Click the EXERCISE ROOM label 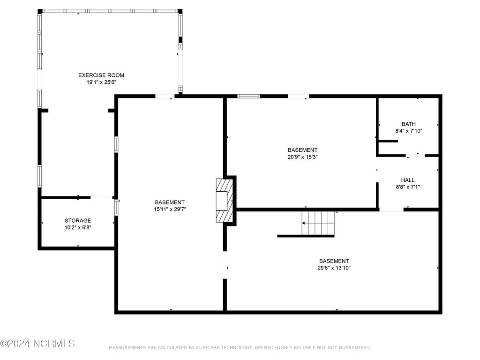click(101, 75)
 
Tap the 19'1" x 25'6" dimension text click(101, 82)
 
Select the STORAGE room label click(78, 220)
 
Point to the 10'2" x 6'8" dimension click(78, 227)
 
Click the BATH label click(409, 124)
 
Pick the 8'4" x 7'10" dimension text click(409, 131)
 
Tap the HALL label click(408, 180)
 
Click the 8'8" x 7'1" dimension click(408, 187)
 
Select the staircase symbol click(318, 223)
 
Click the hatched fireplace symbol click(225, 201)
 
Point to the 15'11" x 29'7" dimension click(170, 210)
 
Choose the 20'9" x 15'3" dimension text click(302, 157)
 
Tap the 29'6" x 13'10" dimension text click(334, 268)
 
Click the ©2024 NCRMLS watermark click(37, 344)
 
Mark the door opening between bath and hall click(416, 156)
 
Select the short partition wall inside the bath click(388, 141)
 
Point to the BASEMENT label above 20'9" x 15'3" click(302, 150)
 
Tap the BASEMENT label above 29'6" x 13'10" click(334, 261)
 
